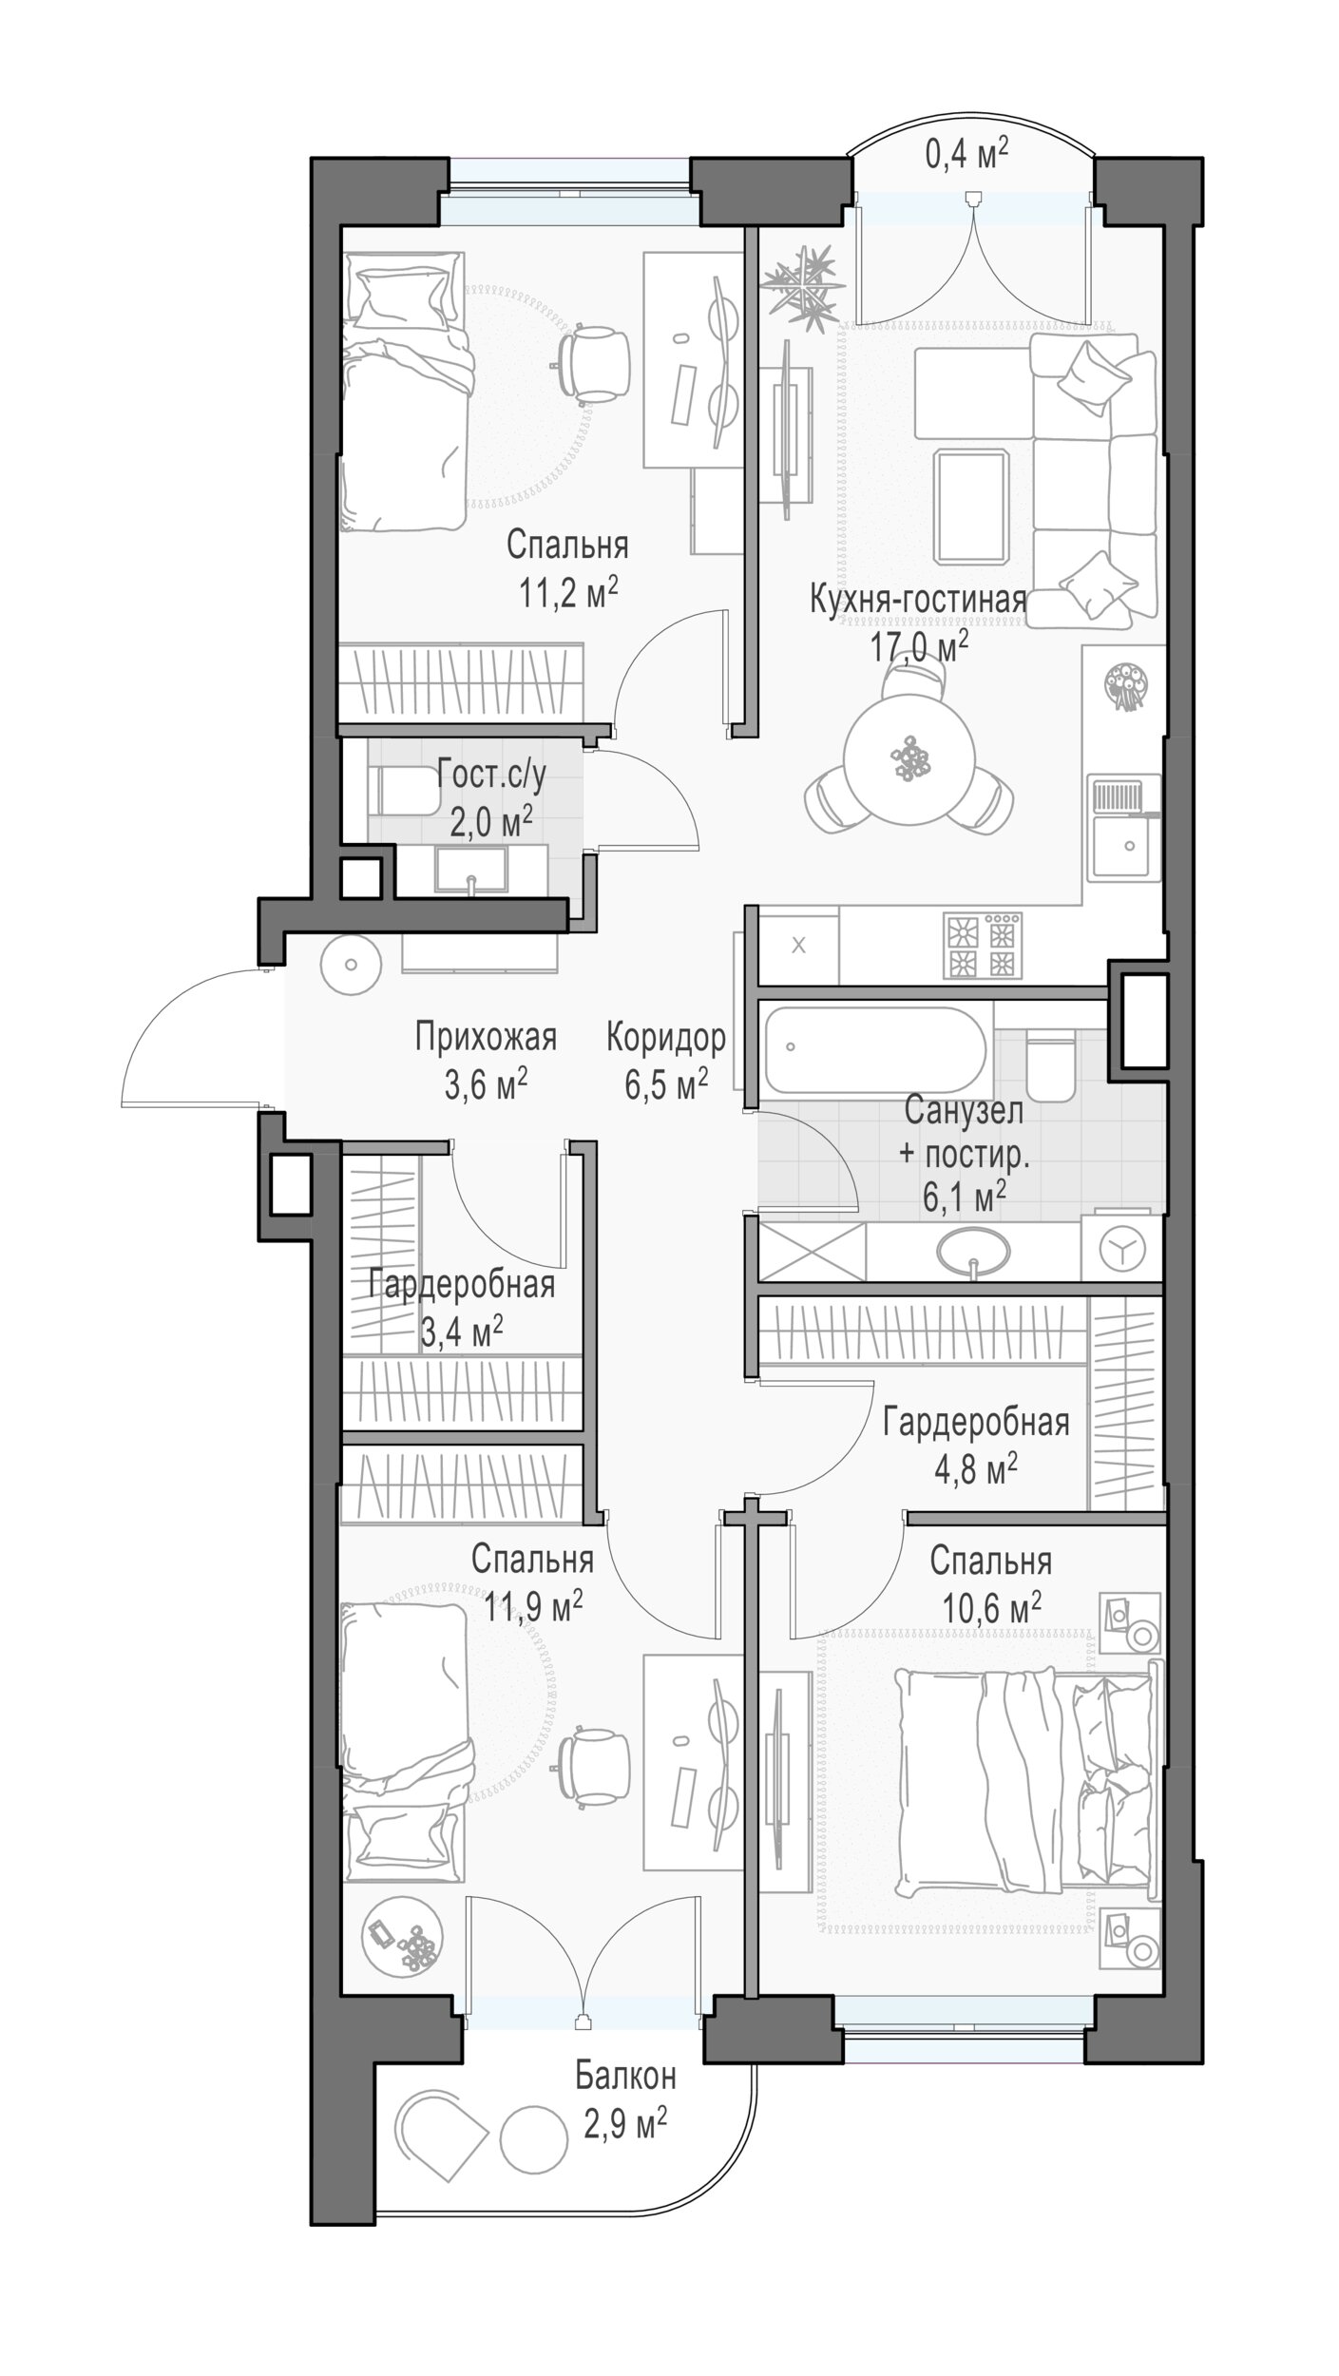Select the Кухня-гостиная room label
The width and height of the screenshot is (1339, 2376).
point(918,602)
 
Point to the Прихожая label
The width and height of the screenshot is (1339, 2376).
point(486,1038)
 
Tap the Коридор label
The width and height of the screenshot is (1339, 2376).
point(666,1038)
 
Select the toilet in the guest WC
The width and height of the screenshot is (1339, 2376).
point(404,791)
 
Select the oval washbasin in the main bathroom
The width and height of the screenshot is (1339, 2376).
point(974,1250)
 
